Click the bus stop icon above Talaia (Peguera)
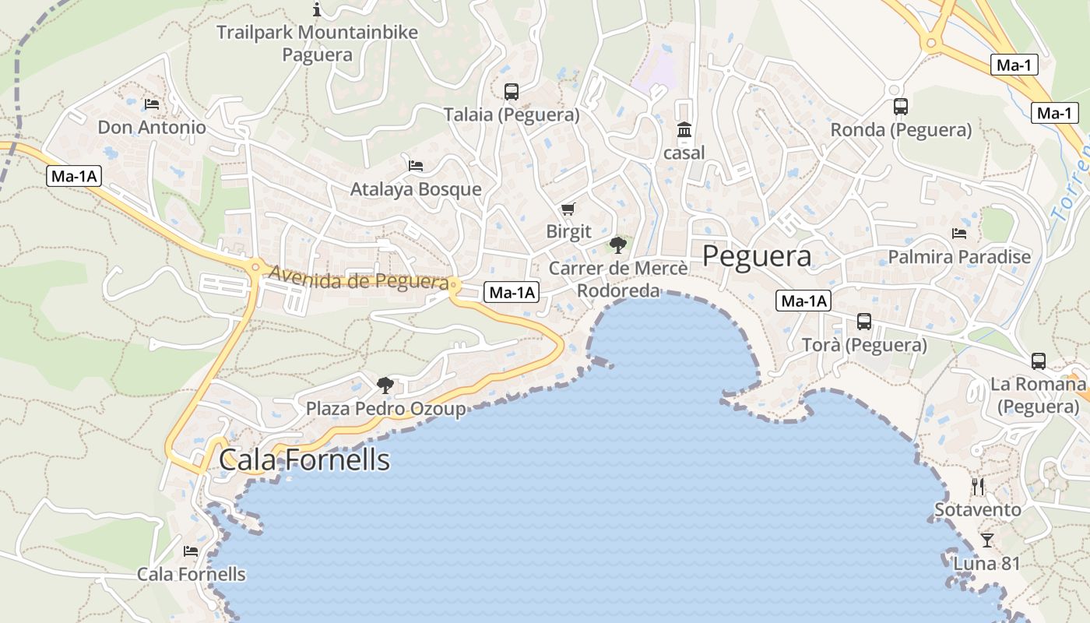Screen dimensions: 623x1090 point(511,92)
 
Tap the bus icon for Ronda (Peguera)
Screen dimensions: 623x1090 point(901,107)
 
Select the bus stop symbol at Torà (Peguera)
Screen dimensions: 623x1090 point(864,321)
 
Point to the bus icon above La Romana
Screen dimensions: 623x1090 point(1039,361)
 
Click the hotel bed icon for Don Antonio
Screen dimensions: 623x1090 point(152,104)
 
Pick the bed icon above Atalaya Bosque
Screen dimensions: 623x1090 point(416,165)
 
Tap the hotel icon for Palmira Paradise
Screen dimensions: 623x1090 point(959,233)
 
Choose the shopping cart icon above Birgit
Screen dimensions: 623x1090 point(568,209)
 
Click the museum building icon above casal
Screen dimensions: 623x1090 point(684,129)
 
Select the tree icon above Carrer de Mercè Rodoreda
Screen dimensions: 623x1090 point(618,245)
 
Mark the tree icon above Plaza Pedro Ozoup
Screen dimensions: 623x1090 point(385,385)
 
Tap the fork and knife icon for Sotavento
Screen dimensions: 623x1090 point(978,487)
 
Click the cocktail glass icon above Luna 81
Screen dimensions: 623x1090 point(987,540)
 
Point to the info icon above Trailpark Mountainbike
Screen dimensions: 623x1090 point(317,9)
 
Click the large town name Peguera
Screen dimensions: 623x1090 point(757,255)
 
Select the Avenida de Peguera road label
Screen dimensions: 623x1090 point(359,277)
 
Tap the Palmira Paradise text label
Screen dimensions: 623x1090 point(959,257)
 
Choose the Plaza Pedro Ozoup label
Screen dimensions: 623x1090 point(385,409)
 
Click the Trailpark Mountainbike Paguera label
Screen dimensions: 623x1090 point(317,44)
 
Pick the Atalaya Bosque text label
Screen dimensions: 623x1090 point(416,189)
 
